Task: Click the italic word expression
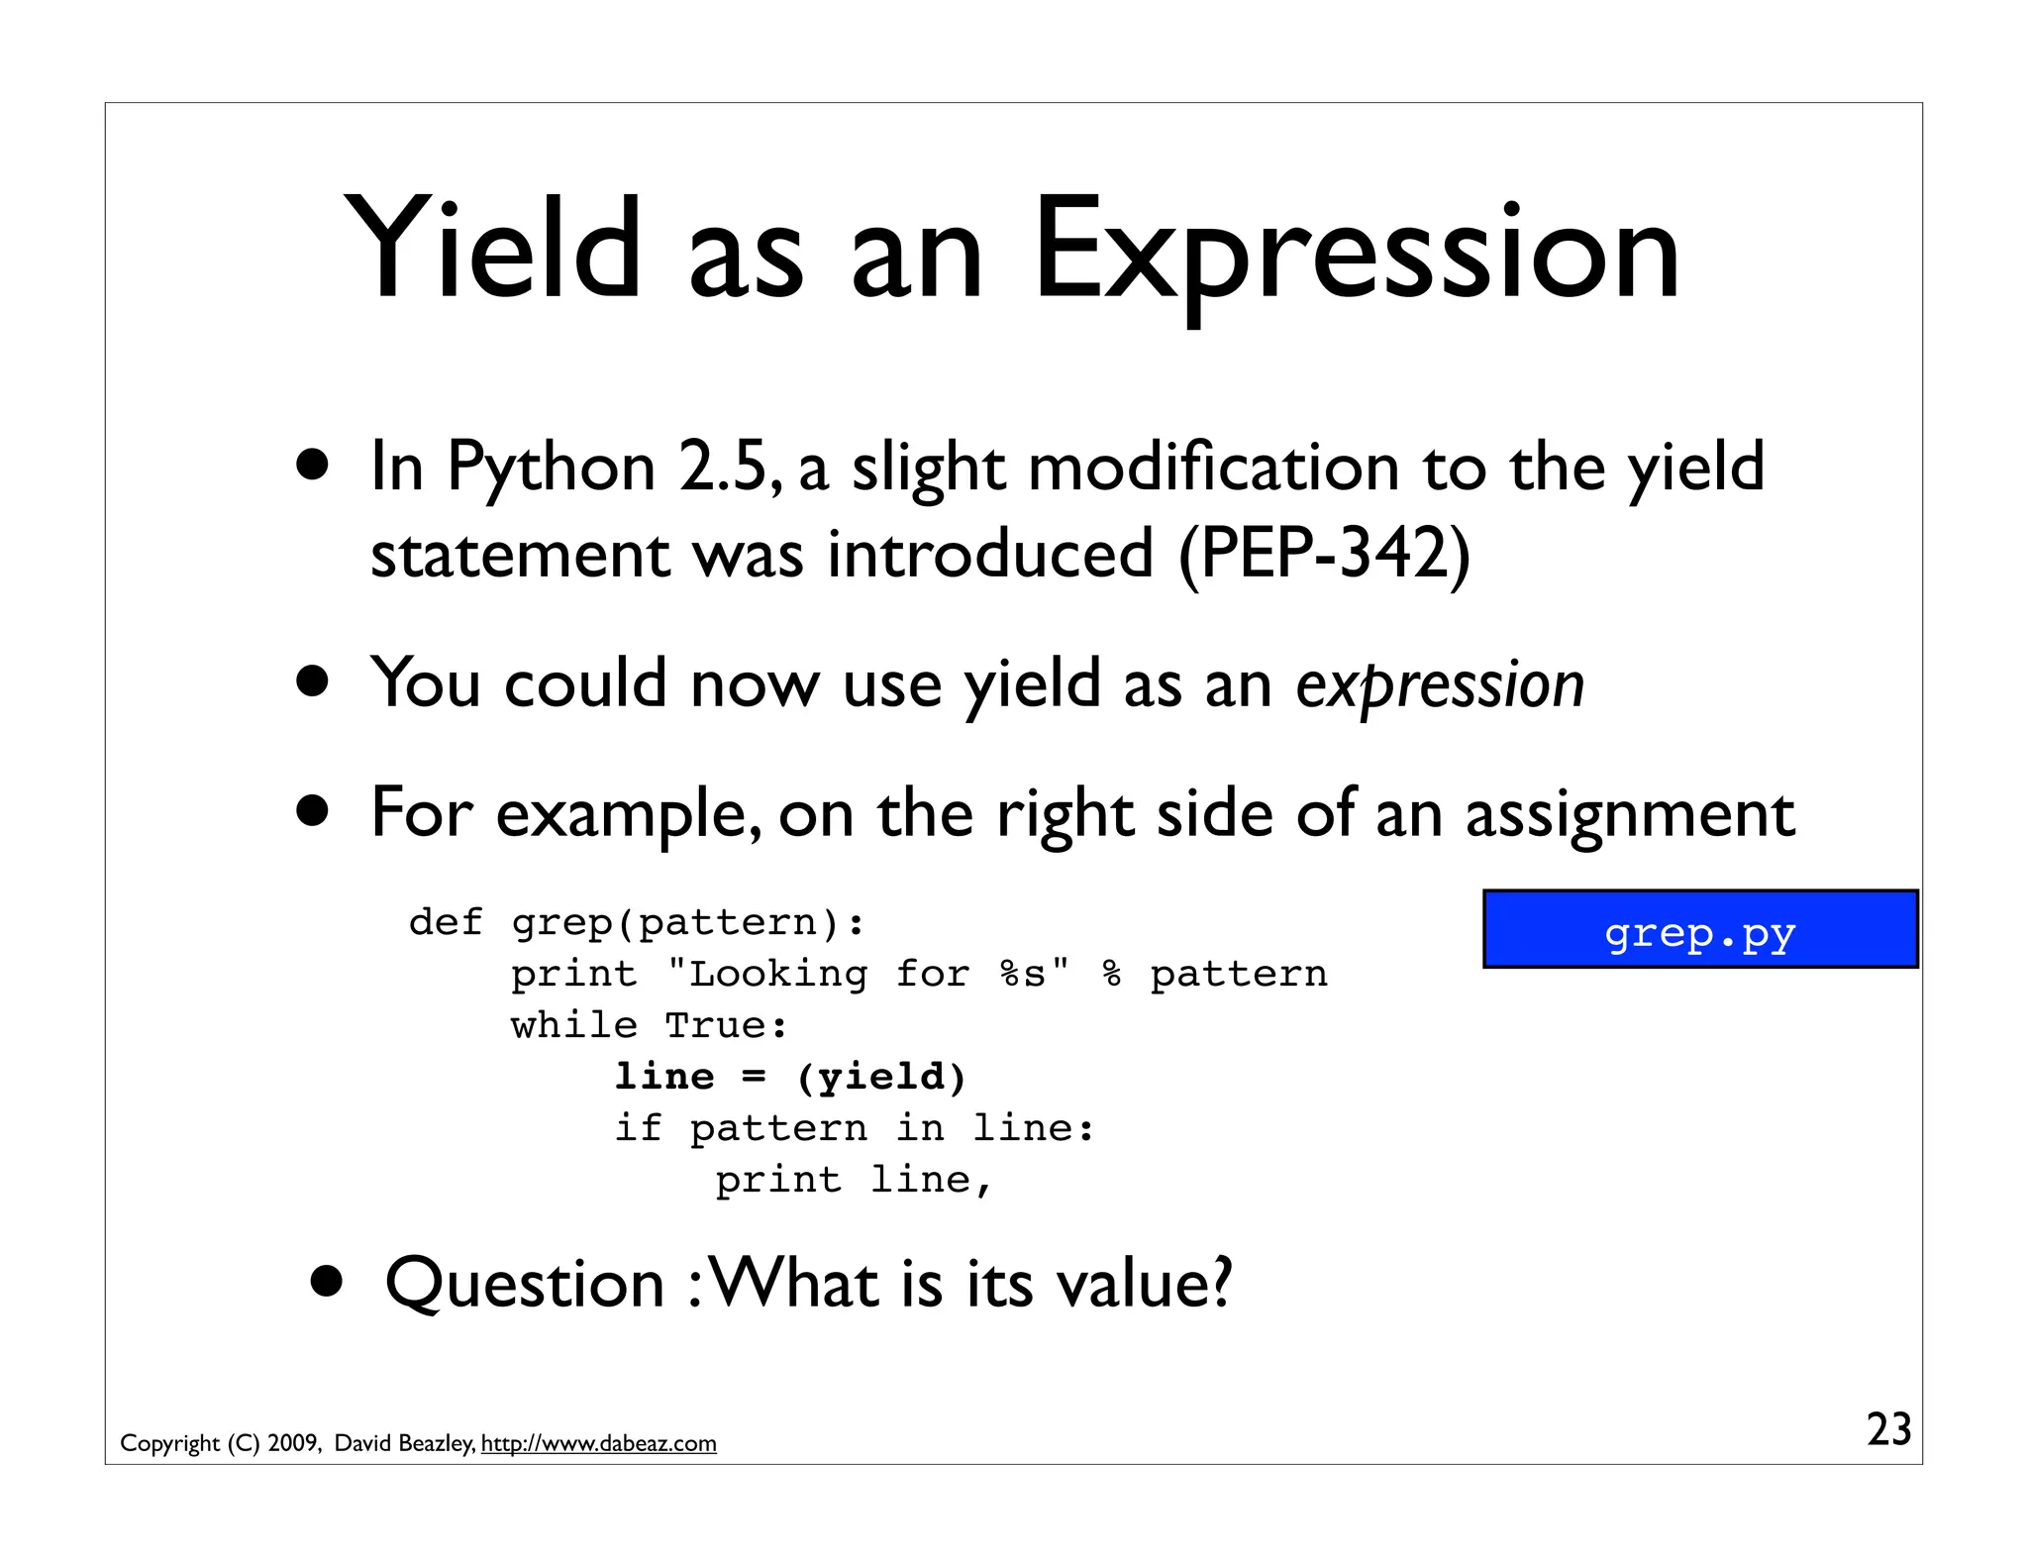[1440, 684]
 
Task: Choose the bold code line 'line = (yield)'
[789, 1077]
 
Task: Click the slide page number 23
[1888, 1429]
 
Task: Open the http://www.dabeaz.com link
[598, 1443]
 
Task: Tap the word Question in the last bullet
[524, 1284]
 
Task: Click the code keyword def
[445, 922]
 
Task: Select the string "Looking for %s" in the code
[867, 974]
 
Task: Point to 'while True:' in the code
[650, 1025]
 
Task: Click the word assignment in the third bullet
[1629, 814]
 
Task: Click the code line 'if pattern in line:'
[855, 1128]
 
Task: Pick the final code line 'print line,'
[853, 1180]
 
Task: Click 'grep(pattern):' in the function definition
[687, 922]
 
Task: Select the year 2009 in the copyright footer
[293, 1443]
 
